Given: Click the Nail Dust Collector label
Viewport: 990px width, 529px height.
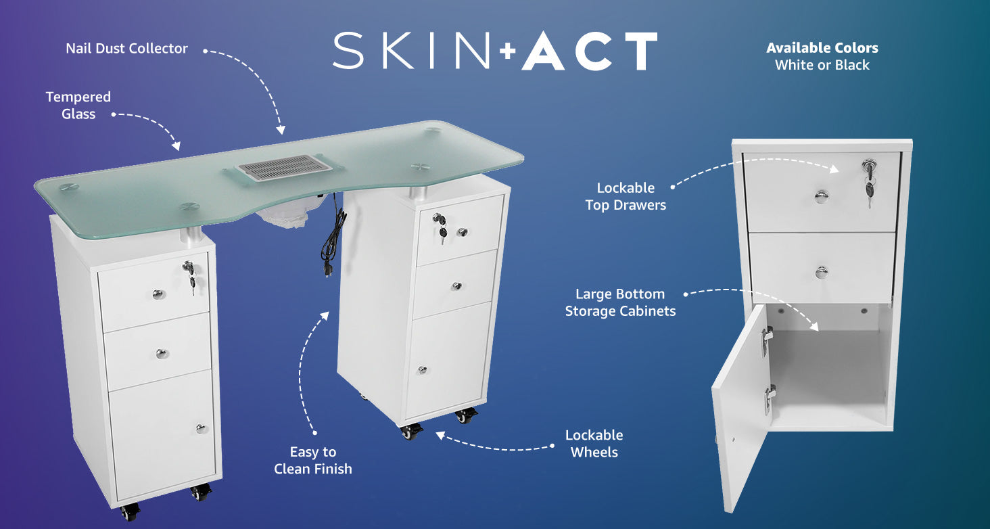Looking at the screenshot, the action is tap(127, 48).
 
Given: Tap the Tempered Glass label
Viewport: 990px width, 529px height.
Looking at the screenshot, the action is tap(78, 105).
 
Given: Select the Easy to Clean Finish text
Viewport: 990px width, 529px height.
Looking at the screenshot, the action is tap(313, 460).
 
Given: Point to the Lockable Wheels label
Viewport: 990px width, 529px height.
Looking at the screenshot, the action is tap(594, 443).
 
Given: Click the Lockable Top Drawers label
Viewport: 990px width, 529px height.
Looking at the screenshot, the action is tap(626, 196).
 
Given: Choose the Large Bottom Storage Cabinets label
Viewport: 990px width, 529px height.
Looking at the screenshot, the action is tap(620, 302).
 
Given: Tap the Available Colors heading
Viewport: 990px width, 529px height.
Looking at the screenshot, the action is tap(822, 48).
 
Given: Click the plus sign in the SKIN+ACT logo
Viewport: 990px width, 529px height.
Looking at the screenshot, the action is tap(508, 51).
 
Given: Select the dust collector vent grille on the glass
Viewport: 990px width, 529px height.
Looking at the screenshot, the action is tap(285, 168).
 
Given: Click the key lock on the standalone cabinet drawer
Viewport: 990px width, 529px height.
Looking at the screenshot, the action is tap(869, 166).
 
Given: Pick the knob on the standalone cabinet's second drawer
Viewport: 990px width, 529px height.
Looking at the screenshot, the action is tap(822, 273).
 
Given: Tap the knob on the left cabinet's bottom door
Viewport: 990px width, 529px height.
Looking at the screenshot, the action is tap(201, 428).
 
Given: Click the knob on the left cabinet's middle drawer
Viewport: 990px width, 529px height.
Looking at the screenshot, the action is tap(162, 354).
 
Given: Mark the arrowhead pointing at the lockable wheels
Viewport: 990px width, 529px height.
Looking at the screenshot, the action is tap(440, 436).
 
